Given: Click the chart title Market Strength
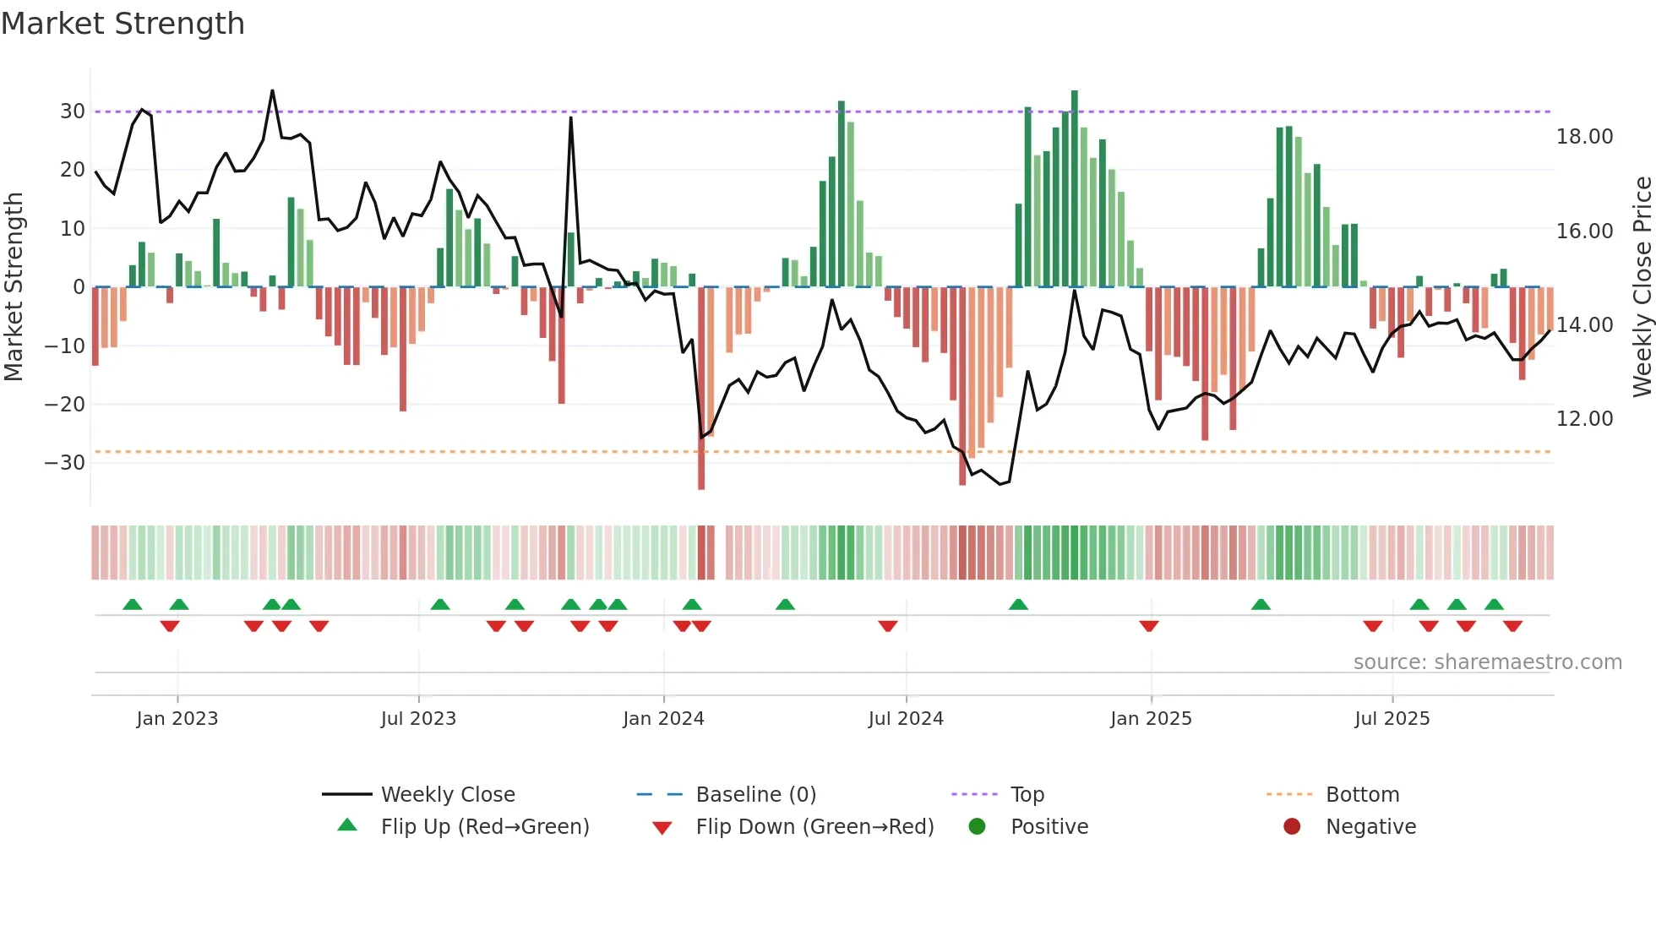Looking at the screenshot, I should click(x=123, y=24).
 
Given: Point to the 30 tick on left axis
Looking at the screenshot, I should click(x=73, y=112).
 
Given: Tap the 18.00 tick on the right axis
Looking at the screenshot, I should click(x=1584, y=137).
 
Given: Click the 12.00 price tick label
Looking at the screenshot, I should click(x=1584, y=419).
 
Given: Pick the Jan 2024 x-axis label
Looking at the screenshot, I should click(x=663, y=719).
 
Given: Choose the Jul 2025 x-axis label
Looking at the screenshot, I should click(x=1392, y=719).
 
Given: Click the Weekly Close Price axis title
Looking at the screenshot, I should click(x=1642, y=287).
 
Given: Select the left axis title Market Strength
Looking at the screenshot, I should click(x=14, y=287).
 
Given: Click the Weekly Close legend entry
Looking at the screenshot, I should click(x=447, y=795).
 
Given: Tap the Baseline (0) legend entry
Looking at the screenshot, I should click(x=755, y=795).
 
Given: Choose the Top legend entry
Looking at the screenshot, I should click(x=1027, y=795).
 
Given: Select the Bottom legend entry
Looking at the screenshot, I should click(x=1362, y=795).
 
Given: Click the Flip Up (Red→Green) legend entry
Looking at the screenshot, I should click(x=484, y=827).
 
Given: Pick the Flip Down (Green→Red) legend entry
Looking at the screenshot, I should click(x=814, y=827).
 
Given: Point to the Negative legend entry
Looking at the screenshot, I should click(x=1370, y=827).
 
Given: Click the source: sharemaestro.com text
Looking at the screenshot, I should click(x=1487, y=662).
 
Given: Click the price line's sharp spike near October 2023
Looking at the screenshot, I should click(x=571, y=119).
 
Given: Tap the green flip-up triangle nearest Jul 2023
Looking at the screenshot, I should click(x=440, y=605).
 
